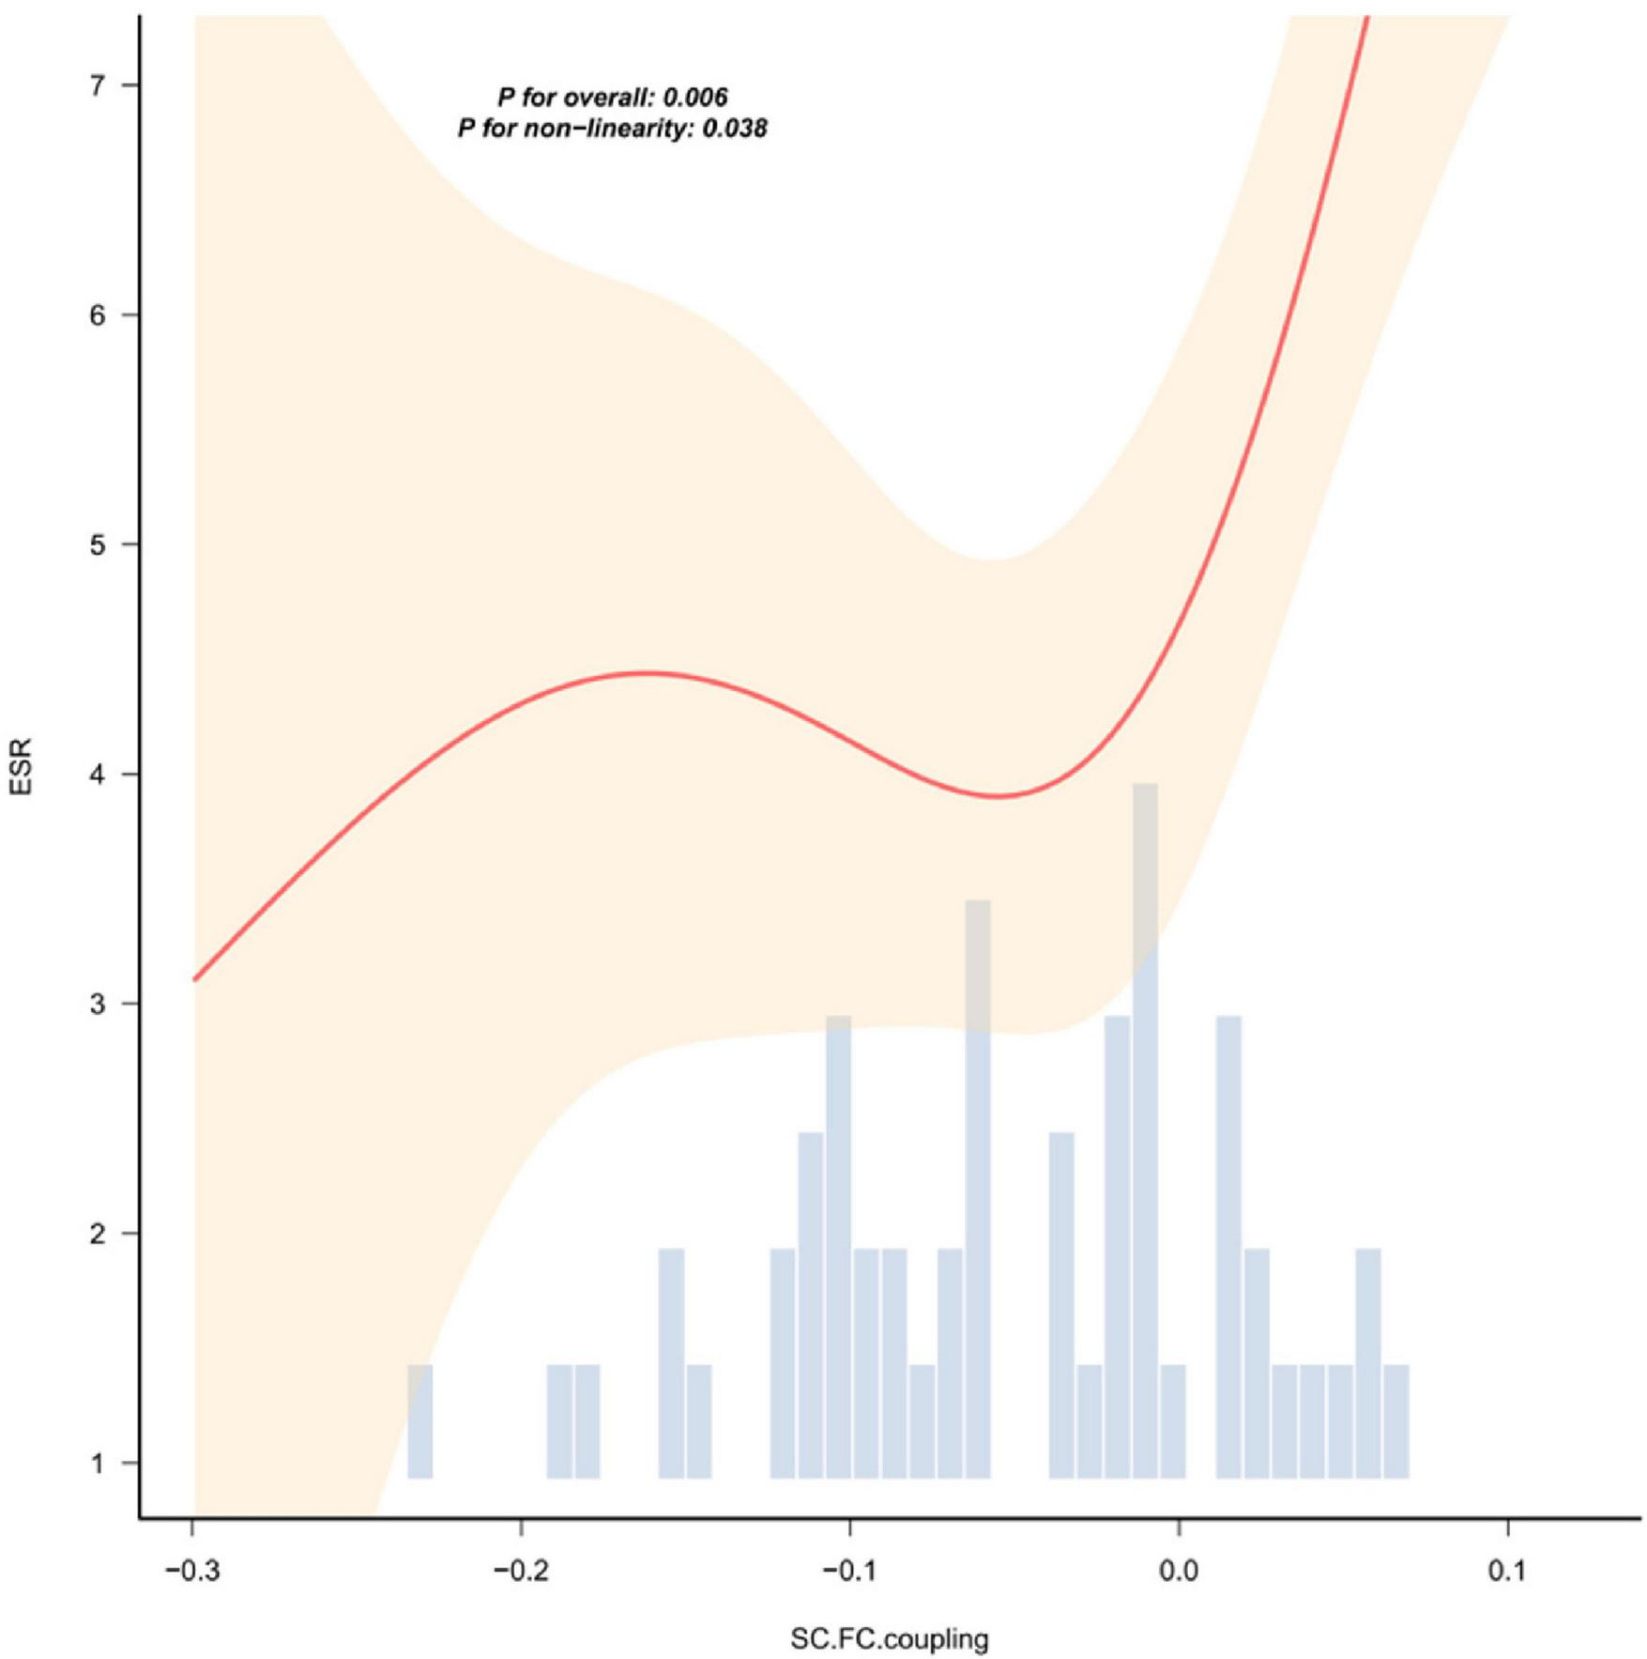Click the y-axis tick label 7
[x=98, y=85]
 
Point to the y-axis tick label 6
[x=98, y=315]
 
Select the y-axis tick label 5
[x=98, y=545]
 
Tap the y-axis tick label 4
[x=98, y=775]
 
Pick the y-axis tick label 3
[x=98, y=1004]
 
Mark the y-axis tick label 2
[x=98, y=1234]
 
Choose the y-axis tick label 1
[x=98, y=1463]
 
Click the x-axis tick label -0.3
[x=192, y=1570]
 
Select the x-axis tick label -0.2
[x=521, y=1570]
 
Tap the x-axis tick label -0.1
[x=849, y=1570]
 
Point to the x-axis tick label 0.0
[x=1179, y=1570]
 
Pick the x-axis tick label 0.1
[x=1507, y=1570]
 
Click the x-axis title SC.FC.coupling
[x=889, y=1639]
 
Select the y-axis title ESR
[x=21, y=767]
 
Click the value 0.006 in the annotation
[x=695, y=97]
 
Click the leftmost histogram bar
[x=419, y=1421]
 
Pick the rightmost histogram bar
[x=1396, y=1421]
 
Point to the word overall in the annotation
[x=607, y=97]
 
